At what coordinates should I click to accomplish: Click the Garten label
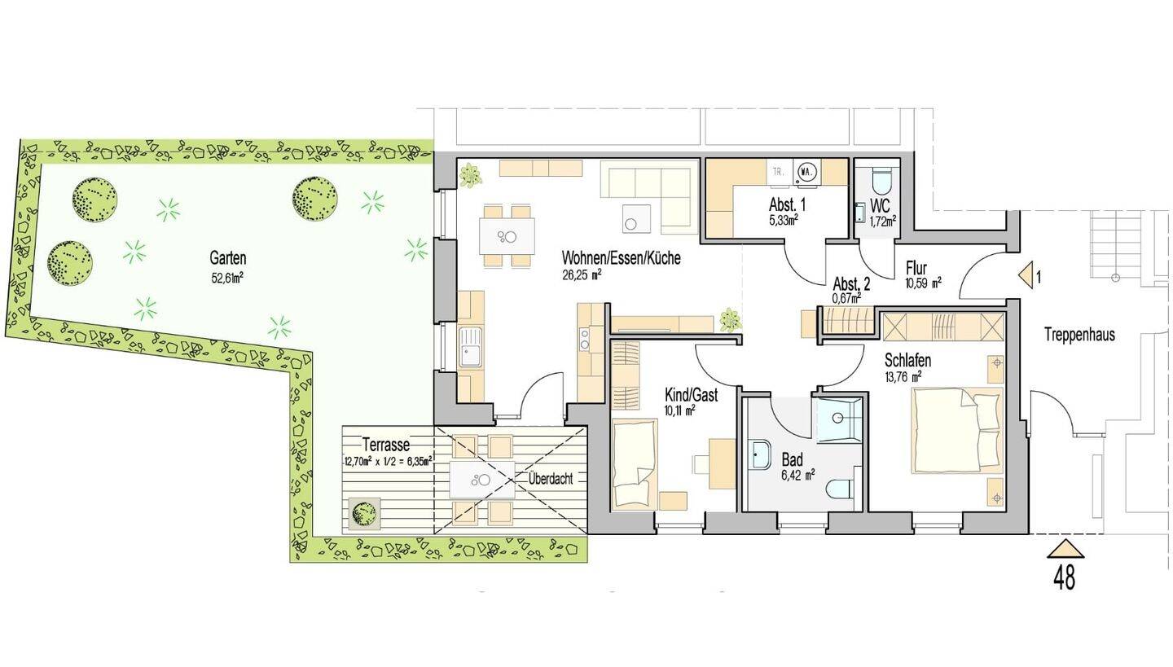(x=228, y=258)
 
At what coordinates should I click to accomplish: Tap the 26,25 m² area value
(x=582, y=275)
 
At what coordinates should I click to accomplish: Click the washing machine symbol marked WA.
(x=806, y=172)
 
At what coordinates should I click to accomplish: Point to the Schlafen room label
(x=908, y=360)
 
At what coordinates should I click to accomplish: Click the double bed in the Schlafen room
(x=956, y=430)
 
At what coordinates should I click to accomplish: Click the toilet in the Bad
(x=841, y=489)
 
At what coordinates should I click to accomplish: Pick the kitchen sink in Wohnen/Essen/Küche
(x=470, y=346)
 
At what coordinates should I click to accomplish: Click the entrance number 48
(x=1065, y=577)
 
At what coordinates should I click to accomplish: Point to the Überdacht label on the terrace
(x=551, y=479)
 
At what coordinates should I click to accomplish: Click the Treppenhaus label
(x=1080, y=335)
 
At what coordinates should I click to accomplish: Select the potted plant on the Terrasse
(x=363, y=513)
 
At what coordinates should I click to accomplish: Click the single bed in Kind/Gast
(x=635, y=464)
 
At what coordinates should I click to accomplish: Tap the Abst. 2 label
(x=851, y=285)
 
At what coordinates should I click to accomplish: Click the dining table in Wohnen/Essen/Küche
(x=507, y=236)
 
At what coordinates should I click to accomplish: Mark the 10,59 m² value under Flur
(x=924, y=283)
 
